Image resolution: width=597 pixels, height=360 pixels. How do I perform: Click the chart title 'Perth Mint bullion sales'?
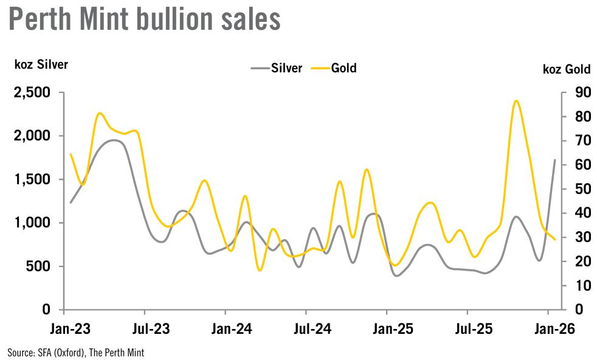click(x=144, y=20)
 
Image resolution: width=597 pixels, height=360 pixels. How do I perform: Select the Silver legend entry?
click(x=277, y=68)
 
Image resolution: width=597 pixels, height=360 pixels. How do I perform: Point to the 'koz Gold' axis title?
click(x=566, y=69)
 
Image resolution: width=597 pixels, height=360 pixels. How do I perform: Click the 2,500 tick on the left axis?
click(x=32, y=93)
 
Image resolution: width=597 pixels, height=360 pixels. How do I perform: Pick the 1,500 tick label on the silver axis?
click(x=32, y=180)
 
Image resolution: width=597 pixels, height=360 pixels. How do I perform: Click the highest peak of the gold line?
click(x=516, y=101)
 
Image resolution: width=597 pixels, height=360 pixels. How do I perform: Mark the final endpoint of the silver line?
click(x=555, y=160)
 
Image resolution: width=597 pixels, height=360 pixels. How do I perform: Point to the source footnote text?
click(x=76, y=352)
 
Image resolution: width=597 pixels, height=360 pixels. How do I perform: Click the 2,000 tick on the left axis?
click(x=32, y=136)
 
